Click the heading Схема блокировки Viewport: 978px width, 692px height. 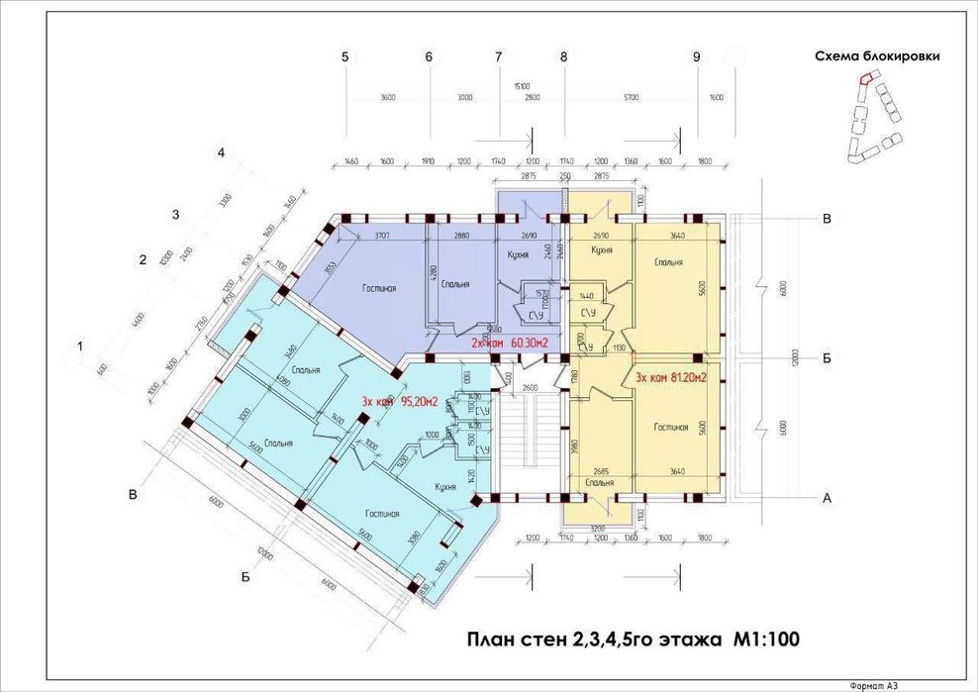tap(877, 56)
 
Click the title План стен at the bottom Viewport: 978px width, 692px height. tap(630, 640)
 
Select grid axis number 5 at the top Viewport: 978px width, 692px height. tap(345, 57)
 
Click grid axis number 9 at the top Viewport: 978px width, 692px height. tap(697, 57)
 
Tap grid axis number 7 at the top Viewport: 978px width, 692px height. tap(499, 57)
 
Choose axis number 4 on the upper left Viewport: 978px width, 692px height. tap(223, 152)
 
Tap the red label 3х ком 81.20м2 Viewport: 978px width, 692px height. tap(669, 377)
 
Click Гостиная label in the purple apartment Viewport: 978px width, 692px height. tap(378, 288)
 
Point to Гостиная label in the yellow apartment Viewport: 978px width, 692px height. tap(671, 428)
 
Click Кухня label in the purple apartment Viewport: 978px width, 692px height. tap(513, 254)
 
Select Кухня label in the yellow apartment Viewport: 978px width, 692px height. tap(604, 250)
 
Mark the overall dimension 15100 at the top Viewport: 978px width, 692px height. tap(522, 86)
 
